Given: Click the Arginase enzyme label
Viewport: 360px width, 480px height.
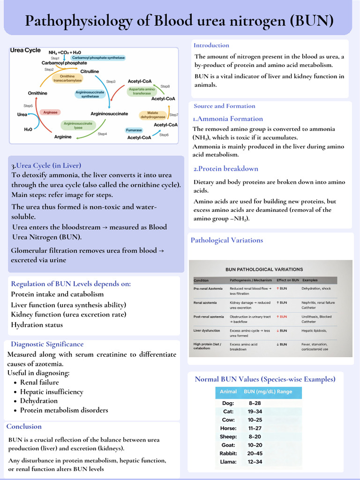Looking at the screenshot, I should coord(50,112).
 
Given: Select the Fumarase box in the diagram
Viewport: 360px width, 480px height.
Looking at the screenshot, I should coord(134,130).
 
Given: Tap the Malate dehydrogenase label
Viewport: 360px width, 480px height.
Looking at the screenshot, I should coord(153,115).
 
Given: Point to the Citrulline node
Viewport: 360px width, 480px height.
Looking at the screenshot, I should coord(90,71).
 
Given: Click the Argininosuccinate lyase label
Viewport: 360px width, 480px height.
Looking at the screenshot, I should coord(78,125).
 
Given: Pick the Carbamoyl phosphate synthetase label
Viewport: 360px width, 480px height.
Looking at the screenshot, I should coord(98,58).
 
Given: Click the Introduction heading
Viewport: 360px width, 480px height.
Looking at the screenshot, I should coord(211,45).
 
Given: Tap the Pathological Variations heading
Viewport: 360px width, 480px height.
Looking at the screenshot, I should coord(227,240).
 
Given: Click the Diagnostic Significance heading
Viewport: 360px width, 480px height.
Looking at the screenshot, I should coord(47,344).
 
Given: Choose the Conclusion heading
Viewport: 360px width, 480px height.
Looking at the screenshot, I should coord(24,426).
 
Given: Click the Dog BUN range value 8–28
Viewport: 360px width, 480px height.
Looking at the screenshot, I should coord(255,403).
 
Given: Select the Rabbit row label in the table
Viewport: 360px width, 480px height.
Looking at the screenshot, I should coord(228,453).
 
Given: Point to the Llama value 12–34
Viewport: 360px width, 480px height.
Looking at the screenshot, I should coord(255,462).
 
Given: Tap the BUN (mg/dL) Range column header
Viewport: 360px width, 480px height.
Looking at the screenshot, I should coord(268,391).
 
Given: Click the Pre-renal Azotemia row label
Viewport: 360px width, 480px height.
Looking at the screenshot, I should coord(208,289).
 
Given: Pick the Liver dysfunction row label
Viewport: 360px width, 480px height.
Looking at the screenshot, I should coord(207,330).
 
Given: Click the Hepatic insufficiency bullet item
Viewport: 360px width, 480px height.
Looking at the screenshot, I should coord(52,391).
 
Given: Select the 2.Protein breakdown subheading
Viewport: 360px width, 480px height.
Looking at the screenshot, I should coord(226,169).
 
